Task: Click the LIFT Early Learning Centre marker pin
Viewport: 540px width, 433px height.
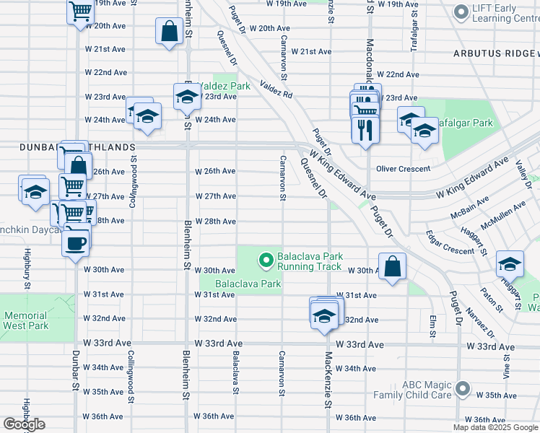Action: (x=460, y=12)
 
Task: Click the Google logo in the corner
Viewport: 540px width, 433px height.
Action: (x=24, y=424)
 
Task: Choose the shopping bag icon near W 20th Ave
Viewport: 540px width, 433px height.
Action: (x=168, y=31)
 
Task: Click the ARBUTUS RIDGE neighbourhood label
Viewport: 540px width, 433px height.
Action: (x=496, y=54)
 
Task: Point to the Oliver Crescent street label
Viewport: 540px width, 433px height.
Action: (x=403, y=169)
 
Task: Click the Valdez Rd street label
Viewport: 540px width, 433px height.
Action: (x=276, y=89)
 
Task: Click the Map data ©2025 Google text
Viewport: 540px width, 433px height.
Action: (x=496, y=427)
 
